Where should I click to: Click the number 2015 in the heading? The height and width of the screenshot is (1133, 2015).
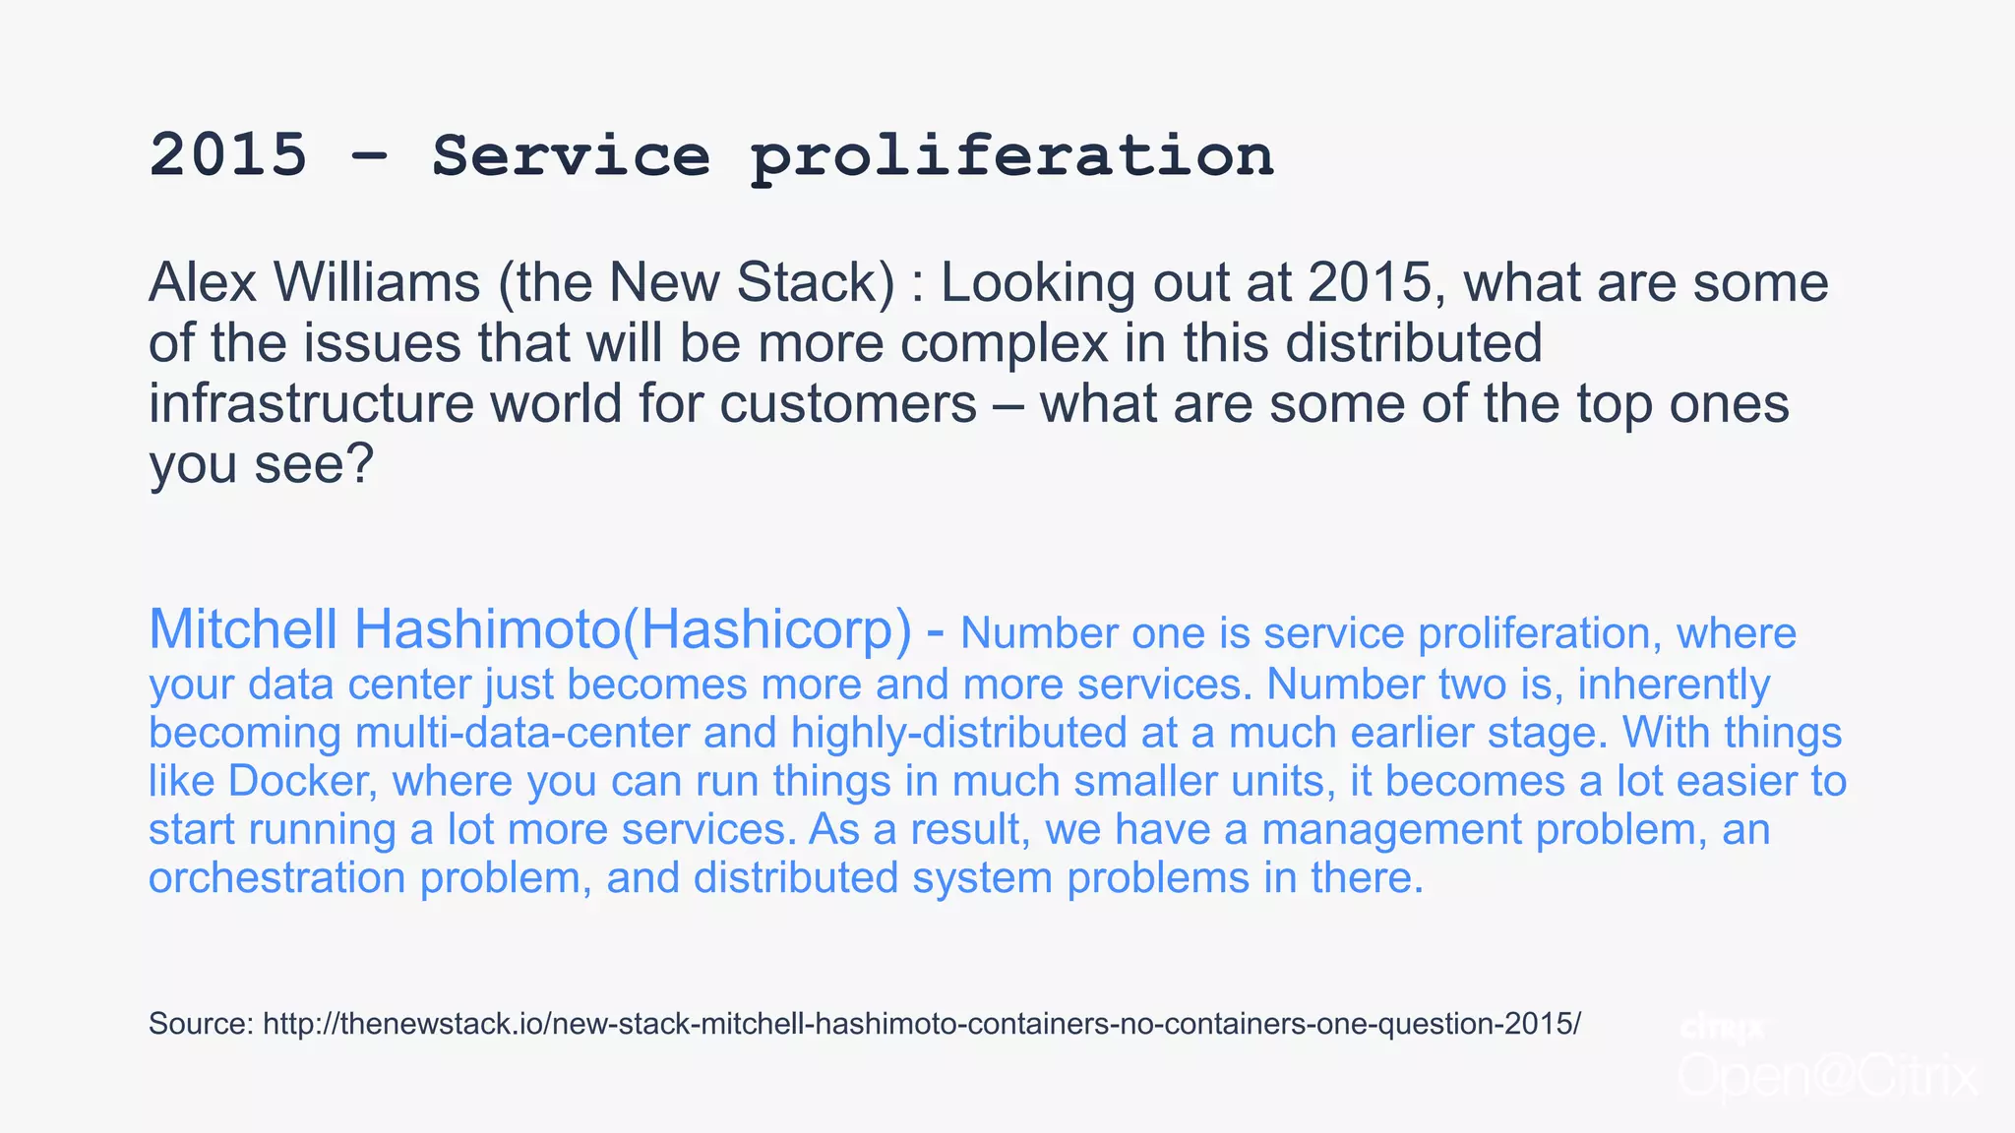(x=228, y=155)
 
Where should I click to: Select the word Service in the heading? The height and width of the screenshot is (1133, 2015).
(x=571, y=155)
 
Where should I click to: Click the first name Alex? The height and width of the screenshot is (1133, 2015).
(x=203, y=283)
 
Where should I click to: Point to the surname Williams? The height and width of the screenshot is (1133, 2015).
(x=377, y=283)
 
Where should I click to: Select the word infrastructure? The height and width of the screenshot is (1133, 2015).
(x=311, y=404)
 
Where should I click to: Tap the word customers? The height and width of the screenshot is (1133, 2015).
(x=848, y=404)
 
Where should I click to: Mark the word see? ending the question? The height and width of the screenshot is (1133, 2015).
(x=314, y=464)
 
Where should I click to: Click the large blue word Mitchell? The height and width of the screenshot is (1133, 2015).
(x=243, y=629)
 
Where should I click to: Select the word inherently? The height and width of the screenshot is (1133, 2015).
(x=1674, y=685)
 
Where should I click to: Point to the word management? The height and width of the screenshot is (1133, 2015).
(x=1391, y=829)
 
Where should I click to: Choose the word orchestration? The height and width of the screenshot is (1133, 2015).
(x=276, y=877)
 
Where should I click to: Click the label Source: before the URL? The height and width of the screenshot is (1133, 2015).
(x=201, y=1024)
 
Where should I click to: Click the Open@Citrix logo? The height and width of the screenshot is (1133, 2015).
(x=1827, y=1075)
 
